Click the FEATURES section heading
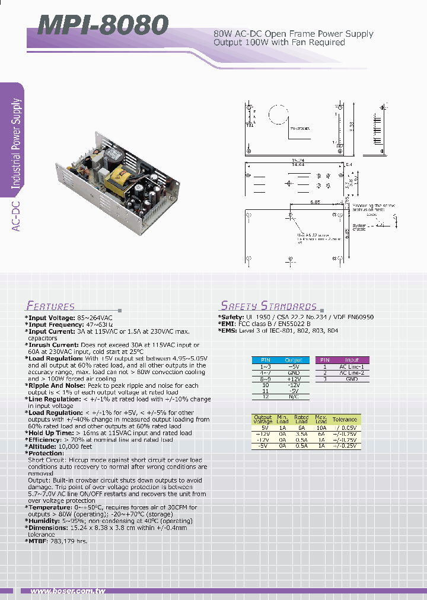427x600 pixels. click(x=50, y=307)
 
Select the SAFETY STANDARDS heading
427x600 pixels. click(x=269, y=306)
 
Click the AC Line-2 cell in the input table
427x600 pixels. click(x=352, y=372)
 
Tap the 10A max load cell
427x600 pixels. click(x=321, y=427)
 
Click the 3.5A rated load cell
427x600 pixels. click(x=301, y=433)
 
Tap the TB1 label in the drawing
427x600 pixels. click(x=249, y=125)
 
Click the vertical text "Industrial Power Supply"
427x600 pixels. click(x=17, y=143)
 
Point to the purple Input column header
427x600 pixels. click(x=352, y=360)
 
